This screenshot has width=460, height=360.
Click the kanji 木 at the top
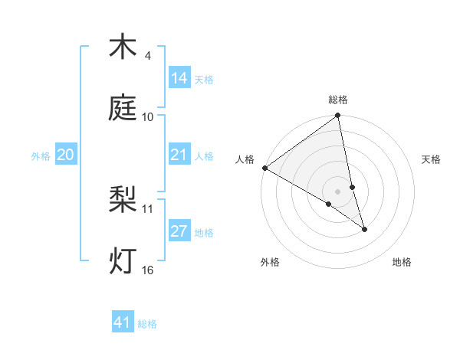point(123,47)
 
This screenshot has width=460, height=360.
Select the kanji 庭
point(123,109)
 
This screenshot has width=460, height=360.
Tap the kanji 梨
point(123,201)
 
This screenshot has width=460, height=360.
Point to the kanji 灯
point(123,261)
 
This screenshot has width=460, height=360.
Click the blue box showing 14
point(179,78)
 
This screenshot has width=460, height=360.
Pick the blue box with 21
point(179,155)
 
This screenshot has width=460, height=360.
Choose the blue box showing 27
point(179,231)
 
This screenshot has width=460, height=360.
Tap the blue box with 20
point(66,155)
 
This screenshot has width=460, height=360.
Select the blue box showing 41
point(123,322)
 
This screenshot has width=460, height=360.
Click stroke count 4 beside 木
point(148,56)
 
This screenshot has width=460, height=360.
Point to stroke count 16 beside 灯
point(148,270)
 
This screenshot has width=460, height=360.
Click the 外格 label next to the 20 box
point(41,155)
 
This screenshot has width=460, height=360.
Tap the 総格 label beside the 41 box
point(148,323)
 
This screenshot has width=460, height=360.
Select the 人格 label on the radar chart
point(245,159)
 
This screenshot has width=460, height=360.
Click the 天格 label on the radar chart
point(432,159)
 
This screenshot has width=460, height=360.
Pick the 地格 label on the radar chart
point(402,262)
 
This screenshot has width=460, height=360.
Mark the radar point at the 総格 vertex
point(338,116)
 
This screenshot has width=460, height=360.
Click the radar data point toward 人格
point(264,168)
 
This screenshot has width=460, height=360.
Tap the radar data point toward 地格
point(364,229)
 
